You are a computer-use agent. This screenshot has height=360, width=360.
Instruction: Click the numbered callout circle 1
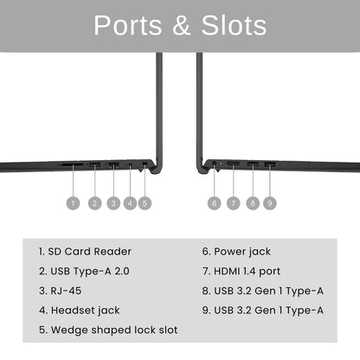(73, 203)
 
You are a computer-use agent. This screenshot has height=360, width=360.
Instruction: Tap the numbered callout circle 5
(145, 203)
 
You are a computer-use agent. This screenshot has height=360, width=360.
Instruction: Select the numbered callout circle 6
(215, 203)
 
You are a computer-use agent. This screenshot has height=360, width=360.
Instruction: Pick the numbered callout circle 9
(270, 203)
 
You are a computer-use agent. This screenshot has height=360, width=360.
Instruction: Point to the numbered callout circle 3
(113, 203)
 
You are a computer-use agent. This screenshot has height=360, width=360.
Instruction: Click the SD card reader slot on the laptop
(73, 164)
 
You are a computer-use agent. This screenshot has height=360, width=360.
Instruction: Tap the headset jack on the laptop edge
(131, 165)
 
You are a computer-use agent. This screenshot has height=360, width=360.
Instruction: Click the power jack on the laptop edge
(215, 164)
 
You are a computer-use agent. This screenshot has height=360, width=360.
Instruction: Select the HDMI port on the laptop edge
(234, 164)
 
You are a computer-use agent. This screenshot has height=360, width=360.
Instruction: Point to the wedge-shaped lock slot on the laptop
(145, 164)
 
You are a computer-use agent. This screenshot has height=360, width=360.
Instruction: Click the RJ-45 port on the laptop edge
(113, 165)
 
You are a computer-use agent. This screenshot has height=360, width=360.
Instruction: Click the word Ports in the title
(128, 25)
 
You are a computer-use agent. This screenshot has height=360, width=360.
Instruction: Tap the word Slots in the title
(234, 25)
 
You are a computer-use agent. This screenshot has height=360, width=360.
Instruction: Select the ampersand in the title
(182, 25)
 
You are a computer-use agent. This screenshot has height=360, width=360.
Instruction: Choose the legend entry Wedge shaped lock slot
(108, 330)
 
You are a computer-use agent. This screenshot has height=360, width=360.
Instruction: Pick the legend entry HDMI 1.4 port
(241, 271)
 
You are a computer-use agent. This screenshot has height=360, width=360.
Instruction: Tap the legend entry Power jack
(236, 252)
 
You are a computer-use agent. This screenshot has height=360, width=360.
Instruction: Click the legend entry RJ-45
(60, 291)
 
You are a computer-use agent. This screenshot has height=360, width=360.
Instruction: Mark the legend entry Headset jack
(80, 311)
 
